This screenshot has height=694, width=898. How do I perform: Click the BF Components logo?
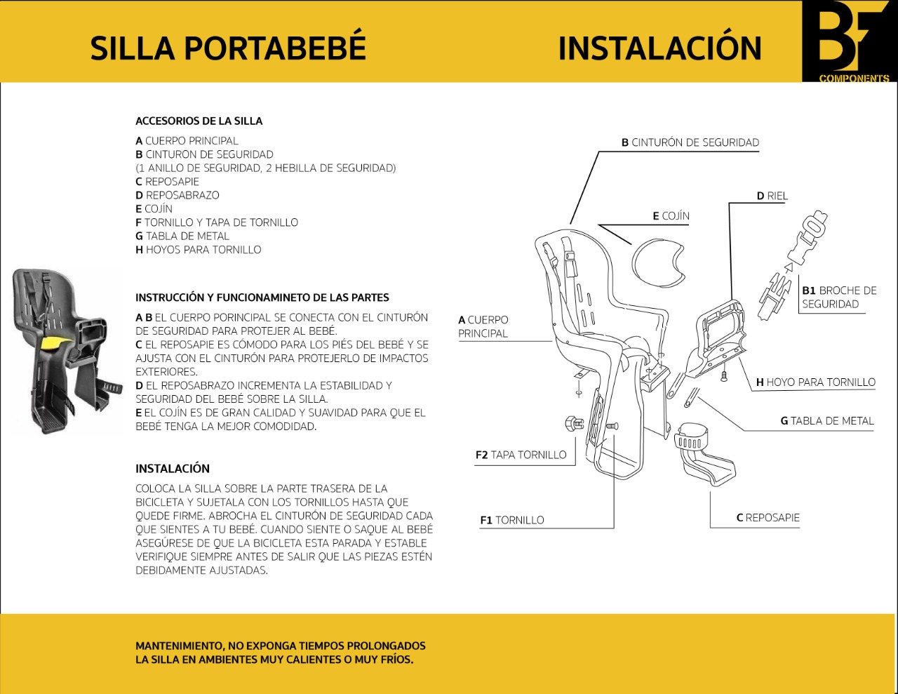849,41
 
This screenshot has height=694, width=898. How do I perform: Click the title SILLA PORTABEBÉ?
228,48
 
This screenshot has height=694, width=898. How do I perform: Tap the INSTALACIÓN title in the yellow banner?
659,48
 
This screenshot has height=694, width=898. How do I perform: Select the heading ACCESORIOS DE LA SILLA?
199,121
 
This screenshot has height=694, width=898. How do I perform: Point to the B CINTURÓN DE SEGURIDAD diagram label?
690,142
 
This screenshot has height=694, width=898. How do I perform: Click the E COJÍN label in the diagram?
671,216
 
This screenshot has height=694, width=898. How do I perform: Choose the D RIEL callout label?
772,196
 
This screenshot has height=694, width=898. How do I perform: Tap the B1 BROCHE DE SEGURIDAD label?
839,297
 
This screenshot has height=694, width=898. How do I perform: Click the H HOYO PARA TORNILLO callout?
816,382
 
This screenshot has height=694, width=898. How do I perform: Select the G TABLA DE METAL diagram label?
827,421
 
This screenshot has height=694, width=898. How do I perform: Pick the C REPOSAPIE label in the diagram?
768,518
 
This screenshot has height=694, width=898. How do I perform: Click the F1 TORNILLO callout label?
512,520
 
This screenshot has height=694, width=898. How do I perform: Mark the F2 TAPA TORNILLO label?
521,455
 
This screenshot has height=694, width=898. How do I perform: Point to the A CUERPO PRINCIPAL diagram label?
483,326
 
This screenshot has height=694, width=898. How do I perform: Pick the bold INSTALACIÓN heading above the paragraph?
173,469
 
